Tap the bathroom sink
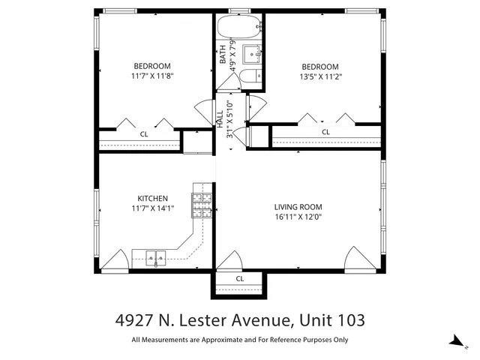[254, 54]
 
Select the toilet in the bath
[253, 76]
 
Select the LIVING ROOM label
[298, 207]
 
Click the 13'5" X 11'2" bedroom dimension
[319, 76]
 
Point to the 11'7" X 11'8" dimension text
[152, 76]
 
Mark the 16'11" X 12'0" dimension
[298, 217]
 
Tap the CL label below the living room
[240, 278]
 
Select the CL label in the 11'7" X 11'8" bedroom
[143, 133]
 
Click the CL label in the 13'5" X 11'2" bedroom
[325, 132]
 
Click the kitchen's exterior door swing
[114, 259]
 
